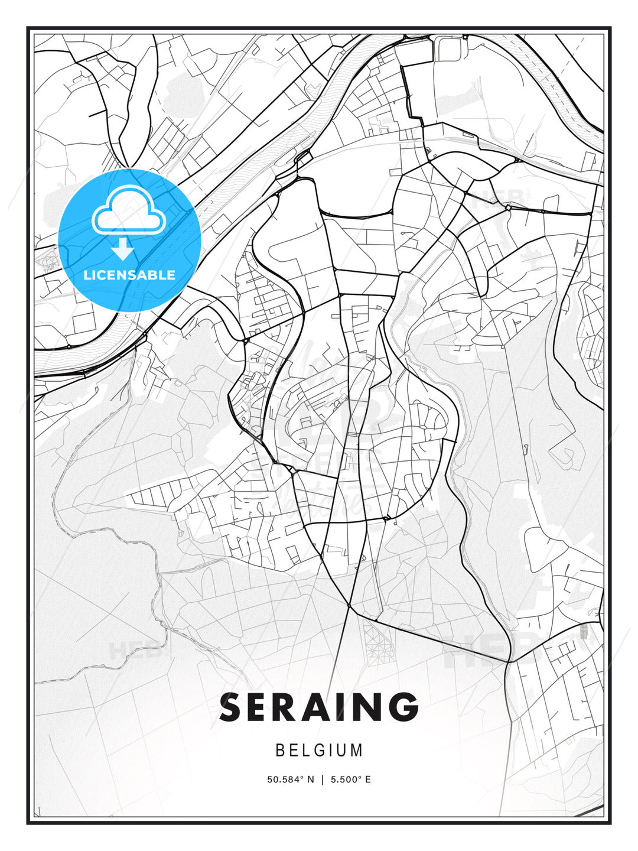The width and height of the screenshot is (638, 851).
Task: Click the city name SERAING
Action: coord(319,707)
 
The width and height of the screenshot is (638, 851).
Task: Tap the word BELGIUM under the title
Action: coord(319,751)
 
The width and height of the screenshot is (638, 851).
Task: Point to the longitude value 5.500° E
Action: coord(351,779)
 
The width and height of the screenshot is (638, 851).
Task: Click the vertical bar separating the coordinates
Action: coord(323,779)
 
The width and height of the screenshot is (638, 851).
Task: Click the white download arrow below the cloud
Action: coord(123,249)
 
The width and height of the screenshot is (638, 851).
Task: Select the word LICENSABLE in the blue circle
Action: coord(129,275)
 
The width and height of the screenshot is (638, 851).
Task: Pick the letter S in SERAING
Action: coord(232,707)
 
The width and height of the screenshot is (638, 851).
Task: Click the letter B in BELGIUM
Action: coord(280,751)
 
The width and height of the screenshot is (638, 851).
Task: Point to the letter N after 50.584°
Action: coord(311,779)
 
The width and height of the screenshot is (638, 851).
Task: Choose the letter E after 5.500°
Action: coord(368,779)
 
